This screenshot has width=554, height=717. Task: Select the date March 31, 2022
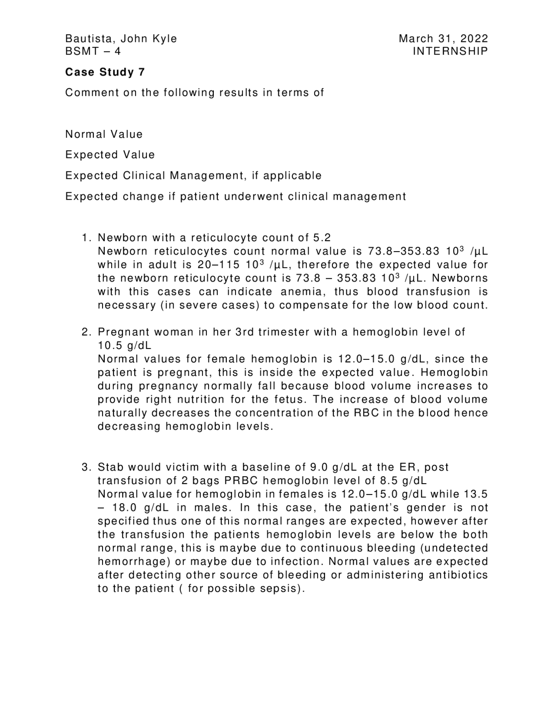443,39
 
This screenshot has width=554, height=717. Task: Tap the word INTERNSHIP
450,51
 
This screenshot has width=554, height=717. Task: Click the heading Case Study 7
105,72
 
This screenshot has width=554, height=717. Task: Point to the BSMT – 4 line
93,51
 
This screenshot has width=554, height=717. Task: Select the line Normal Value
104,134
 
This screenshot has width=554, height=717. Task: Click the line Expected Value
110,155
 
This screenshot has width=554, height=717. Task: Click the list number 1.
86,238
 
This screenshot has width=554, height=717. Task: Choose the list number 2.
86,332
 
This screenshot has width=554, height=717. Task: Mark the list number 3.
86,467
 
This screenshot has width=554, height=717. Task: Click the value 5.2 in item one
322,238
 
